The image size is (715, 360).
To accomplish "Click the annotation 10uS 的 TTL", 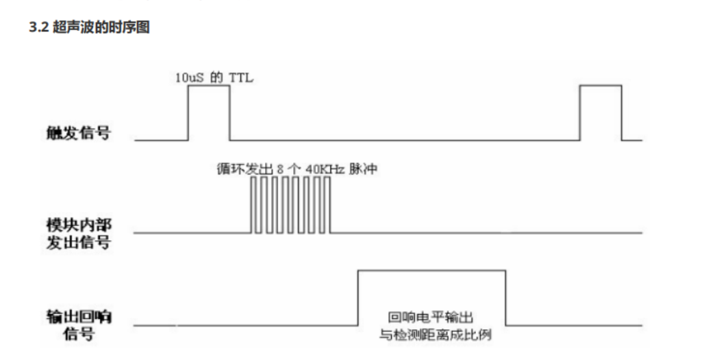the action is pos(214,77).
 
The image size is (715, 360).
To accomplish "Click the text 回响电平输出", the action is pos(431,317).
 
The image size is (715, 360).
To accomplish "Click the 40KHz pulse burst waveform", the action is pos(291,205).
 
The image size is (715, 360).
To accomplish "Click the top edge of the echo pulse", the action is pos(431,270).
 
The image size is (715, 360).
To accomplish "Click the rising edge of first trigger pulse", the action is pos(188,113).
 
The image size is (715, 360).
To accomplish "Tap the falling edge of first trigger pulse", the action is pos(229,113).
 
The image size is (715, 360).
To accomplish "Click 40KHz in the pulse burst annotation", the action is pos(322,167).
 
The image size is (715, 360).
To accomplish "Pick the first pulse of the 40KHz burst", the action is pos(253,205).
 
